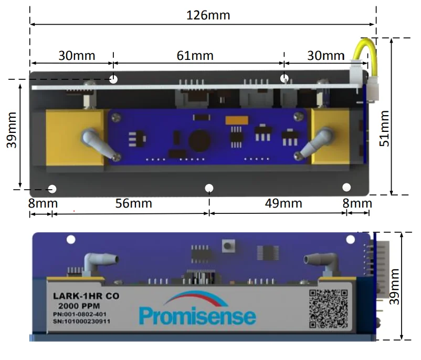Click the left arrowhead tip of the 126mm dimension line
[x=30, y=25]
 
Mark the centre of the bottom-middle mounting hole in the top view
[x=209, y=188]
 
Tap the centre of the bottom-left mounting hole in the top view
[x=52, y=189]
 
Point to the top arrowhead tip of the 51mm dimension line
[x=392, y=38]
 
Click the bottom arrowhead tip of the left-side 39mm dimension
[x=20, y=188]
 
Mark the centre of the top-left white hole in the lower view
[x=71, y=240]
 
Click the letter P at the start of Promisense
[x=144, y=316]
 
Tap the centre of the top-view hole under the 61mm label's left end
[x=113, y=79]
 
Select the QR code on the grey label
[x=328, y=308]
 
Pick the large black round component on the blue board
[x=199, y=141]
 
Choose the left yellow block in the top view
[x=75, y=137]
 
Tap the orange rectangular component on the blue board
[x=237, y=120]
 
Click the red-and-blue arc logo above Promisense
[x=197, y=299]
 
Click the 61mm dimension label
[x=195, y=56]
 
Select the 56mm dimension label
[x=134, y=203]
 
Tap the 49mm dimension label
[x=283, y=203]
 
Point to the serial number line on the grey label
[x=81, y=321]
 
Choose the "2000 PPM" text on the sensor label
[x=79, y=306]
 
